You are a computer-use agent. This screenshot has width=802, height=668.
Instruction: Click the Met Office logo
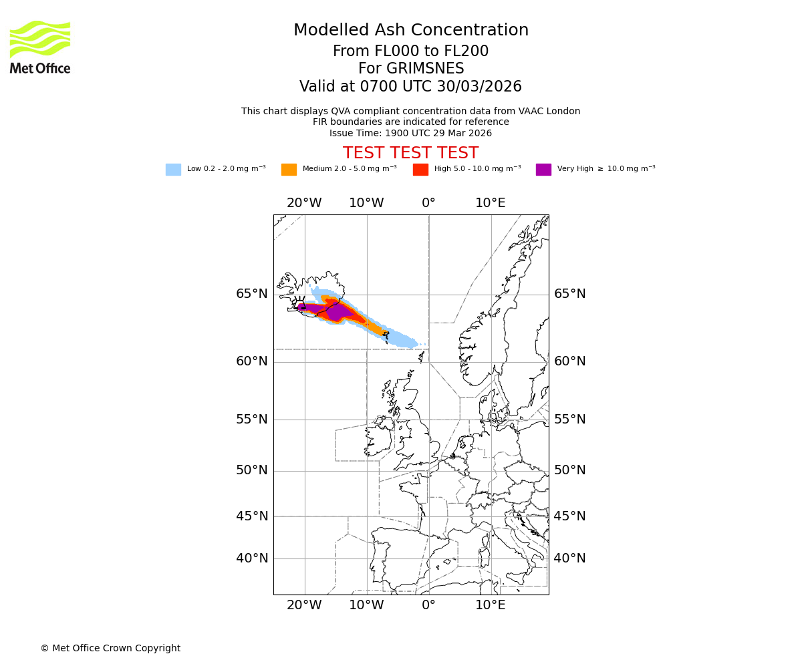[x=40, y=47]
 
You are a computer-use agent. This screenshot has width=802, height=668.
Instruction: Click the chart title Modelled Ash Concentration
[x=410, y=30]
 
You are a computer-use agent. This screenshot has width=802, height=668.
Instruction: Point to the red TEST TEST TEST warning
[x=410, y=153]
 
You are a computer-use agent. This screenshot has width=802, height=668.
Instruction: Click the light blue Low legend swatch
[x=173, y=169]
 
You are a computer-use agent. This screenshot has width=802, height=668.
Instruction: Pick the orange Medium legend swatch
[x=289, y=169]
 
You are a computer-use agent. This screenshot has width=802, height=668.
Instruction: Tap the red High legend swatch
[x=420, y=169]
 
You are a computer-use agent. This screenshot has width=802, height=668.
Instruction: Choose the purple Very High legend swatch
[x=543, y=169]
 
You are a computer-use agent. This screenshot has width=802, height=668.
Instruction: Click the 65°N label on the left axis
[x=251, y=294]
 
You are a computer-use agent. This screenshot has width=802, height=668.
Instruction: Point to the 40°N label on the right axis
[x=569, y=558]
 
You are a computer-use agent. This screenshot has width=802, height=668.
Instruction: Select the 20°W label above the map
[x=304, y=203]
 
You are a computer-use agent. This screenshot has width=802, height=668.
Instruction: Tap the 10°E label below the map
[x=490, y=605]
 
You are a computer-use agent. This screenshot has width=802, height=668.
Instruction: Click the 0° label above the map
[x=428, y=203]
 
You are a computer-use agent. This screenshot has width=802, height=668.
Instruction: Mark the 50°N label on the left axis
[x=251, y=470]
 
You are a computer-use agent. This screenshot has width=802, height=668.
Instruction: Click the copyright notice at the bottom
[x=110, y=648]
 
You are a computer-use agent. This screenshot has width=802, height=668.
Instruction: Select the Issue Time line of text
[x=410, y=133]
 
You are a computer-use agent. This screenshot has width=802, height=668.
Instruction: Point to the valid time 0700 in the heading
[x=378, y=87]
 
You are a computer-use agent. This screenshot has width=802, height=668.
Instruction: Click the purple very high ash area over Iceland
[x=338, y=311]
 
